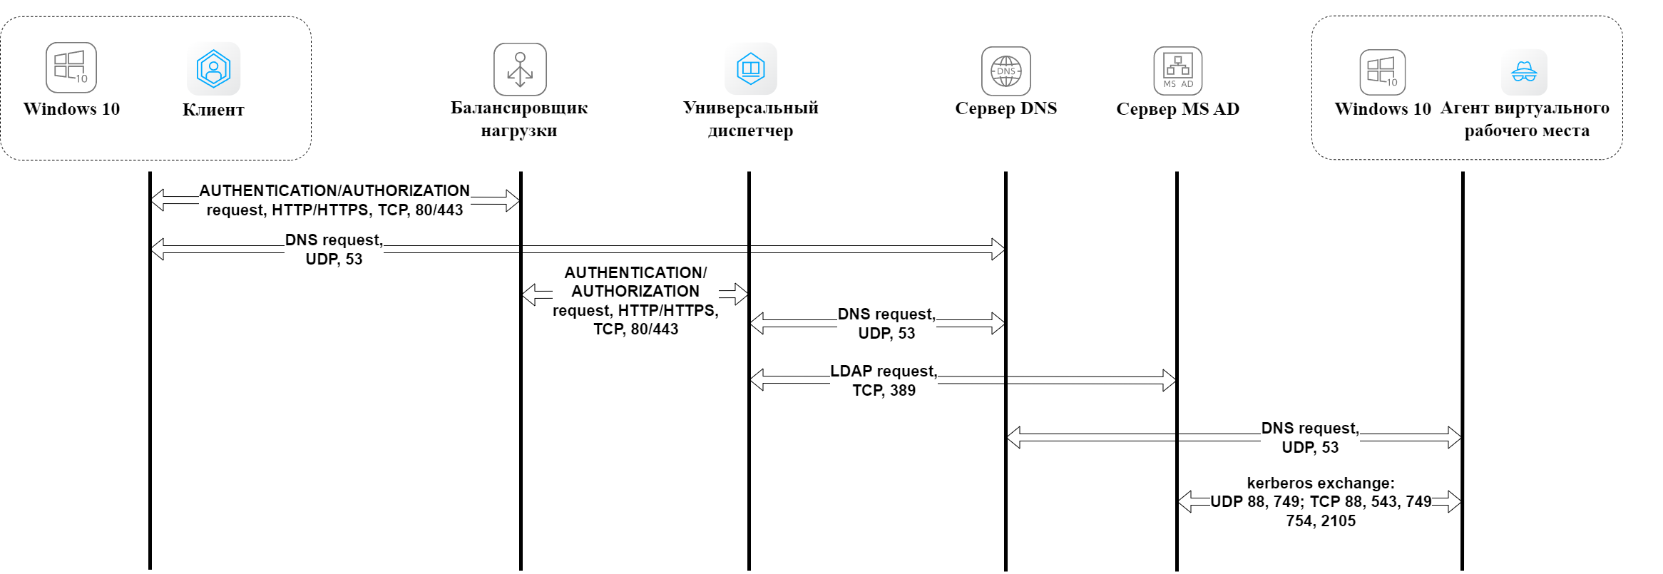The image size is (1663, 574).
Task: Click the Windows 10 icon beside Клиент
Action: point(71,68)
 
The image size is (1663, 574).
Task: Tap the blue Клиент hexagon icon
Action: point(213,68)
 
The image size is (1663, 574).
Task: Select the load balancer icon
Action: point(520,69)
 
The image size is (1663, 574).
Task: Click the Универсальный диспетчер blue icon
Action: point(751,68)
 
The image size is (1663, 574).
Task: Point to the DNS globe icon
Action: point(1006,71)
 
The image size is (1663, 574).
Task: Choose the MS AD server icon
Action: point(1178,71)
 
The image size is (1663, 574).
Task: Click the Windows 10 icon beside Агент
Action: point(1382,72)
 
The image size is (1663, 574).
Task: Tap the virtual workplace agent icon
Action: point(1524,72)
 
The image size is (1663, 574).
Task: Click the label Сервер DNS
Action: point(1006,108)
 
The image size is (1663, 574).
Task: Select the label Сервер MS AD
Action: point(1177,109)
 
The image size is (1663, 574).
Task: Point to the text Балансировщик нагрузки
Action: point(519,119)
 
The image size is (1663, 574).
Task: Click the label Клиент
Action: point(213,110)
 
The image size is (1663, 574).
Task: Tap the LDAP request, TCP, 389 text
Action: point(884,381)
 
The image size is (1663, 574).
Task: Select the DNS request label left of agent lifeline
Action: point(1310,438)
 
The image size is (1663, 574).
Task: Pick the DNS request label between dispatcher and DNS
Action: point(886,324)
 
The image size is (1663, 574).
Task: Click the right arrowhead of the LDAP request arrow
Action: point(1169,380)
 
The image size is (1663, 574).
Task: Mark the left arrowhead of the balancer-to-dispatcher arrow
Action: point(529,294)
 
